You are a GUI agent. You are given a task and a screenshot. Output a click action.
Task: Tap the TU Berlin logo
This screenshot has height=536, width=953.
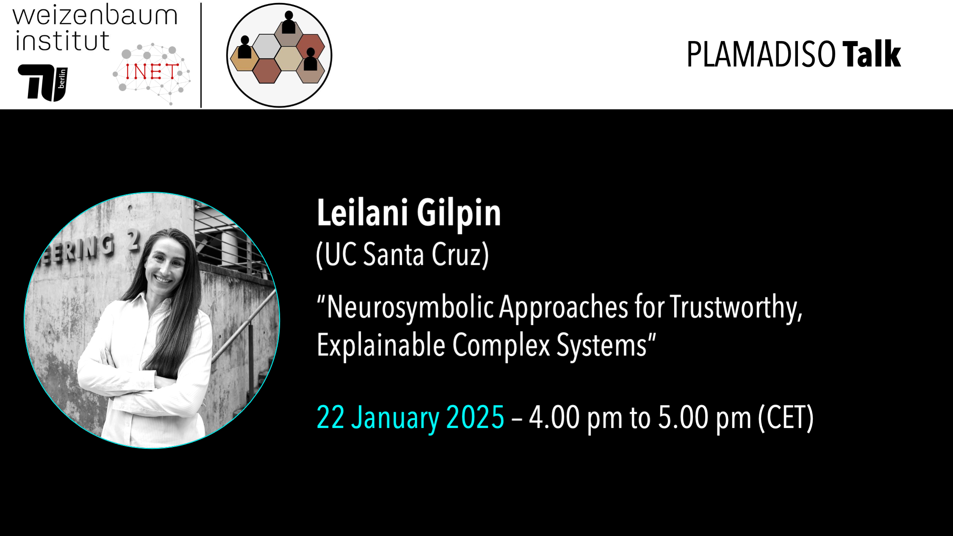[43, 83]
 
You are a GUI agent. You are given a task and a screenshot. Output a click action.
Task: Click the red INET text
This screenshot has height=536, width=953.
[152, 72]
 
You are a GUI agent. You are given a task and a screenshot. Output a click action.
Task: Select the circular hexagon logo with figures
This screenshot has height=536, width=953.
[279, 55]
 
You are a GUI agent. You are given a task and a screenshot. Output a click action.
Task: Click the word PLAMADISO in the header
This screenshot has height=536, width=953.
[761, 55]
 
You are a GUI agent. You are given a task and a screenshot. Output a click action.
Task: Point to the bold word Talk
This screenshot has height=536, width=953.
[871, 54]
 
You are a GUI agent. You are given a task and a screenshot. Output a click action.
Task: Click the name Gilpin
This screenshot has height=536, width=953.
[458, 213]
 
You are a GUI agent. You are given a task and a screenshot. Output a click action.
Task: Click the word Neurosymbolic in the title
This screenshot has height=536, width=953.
[410, 307]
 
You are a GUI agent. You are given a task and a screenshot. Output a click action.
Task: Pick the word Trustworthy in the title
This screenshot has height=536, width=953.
[736, 307]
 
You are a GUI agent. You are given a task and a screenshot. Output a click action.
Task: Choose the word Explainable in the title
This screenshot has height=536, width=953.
[381, 345]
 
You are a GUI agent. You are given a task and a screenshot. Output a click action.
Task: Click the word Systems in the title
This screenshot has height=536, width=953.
[601, 345]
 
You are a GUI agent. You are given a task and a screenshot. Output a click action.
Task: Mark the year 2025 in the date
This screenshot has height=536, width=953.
[475, 417]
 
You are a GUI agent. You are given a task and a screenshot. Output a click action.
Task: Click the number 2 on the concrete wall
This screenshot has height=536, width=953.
[133, 240]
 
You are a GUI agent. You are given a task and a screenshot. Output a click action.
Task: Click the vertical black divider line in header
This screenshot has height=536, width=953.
[201, 55]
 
